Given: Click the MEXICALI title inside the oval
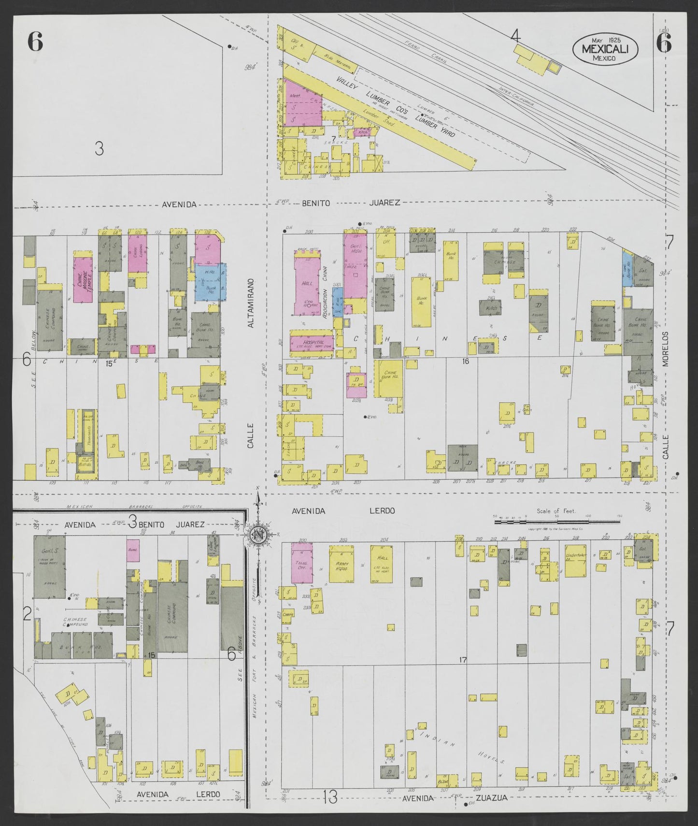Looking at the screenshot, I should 605,49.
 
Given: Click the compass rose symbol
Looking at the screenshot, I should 258,534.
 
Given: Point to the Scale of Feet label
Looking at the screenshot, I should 556,511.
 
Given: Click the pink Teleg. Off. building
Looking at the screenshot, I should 302,562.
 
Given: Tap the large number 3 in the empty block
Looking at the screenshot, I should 99,148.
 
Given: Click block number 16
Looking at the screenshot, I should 465,361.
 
